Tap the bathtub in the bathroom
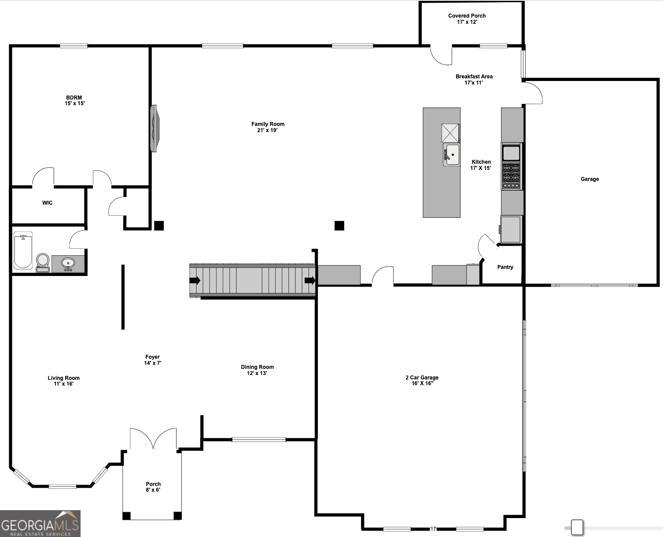point(23,250)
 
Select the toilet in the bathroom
point(43,261)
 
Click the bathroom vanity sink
point(68,263)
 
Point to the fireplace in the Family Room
point(155,128)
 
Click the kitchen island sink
point(452,154)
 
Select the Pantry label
point(505,267)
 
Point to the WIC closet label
point(47,203)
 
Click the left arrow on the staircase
point(195,280)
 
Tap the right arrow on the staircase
point(310,280)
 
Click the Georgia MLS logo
point(40,523)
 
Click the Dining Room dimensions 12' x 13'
point(257,373)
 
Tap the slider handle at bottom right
point(577,527)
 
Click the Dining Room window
point(259,439)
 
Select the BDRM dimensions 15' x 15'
point(74,103)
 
